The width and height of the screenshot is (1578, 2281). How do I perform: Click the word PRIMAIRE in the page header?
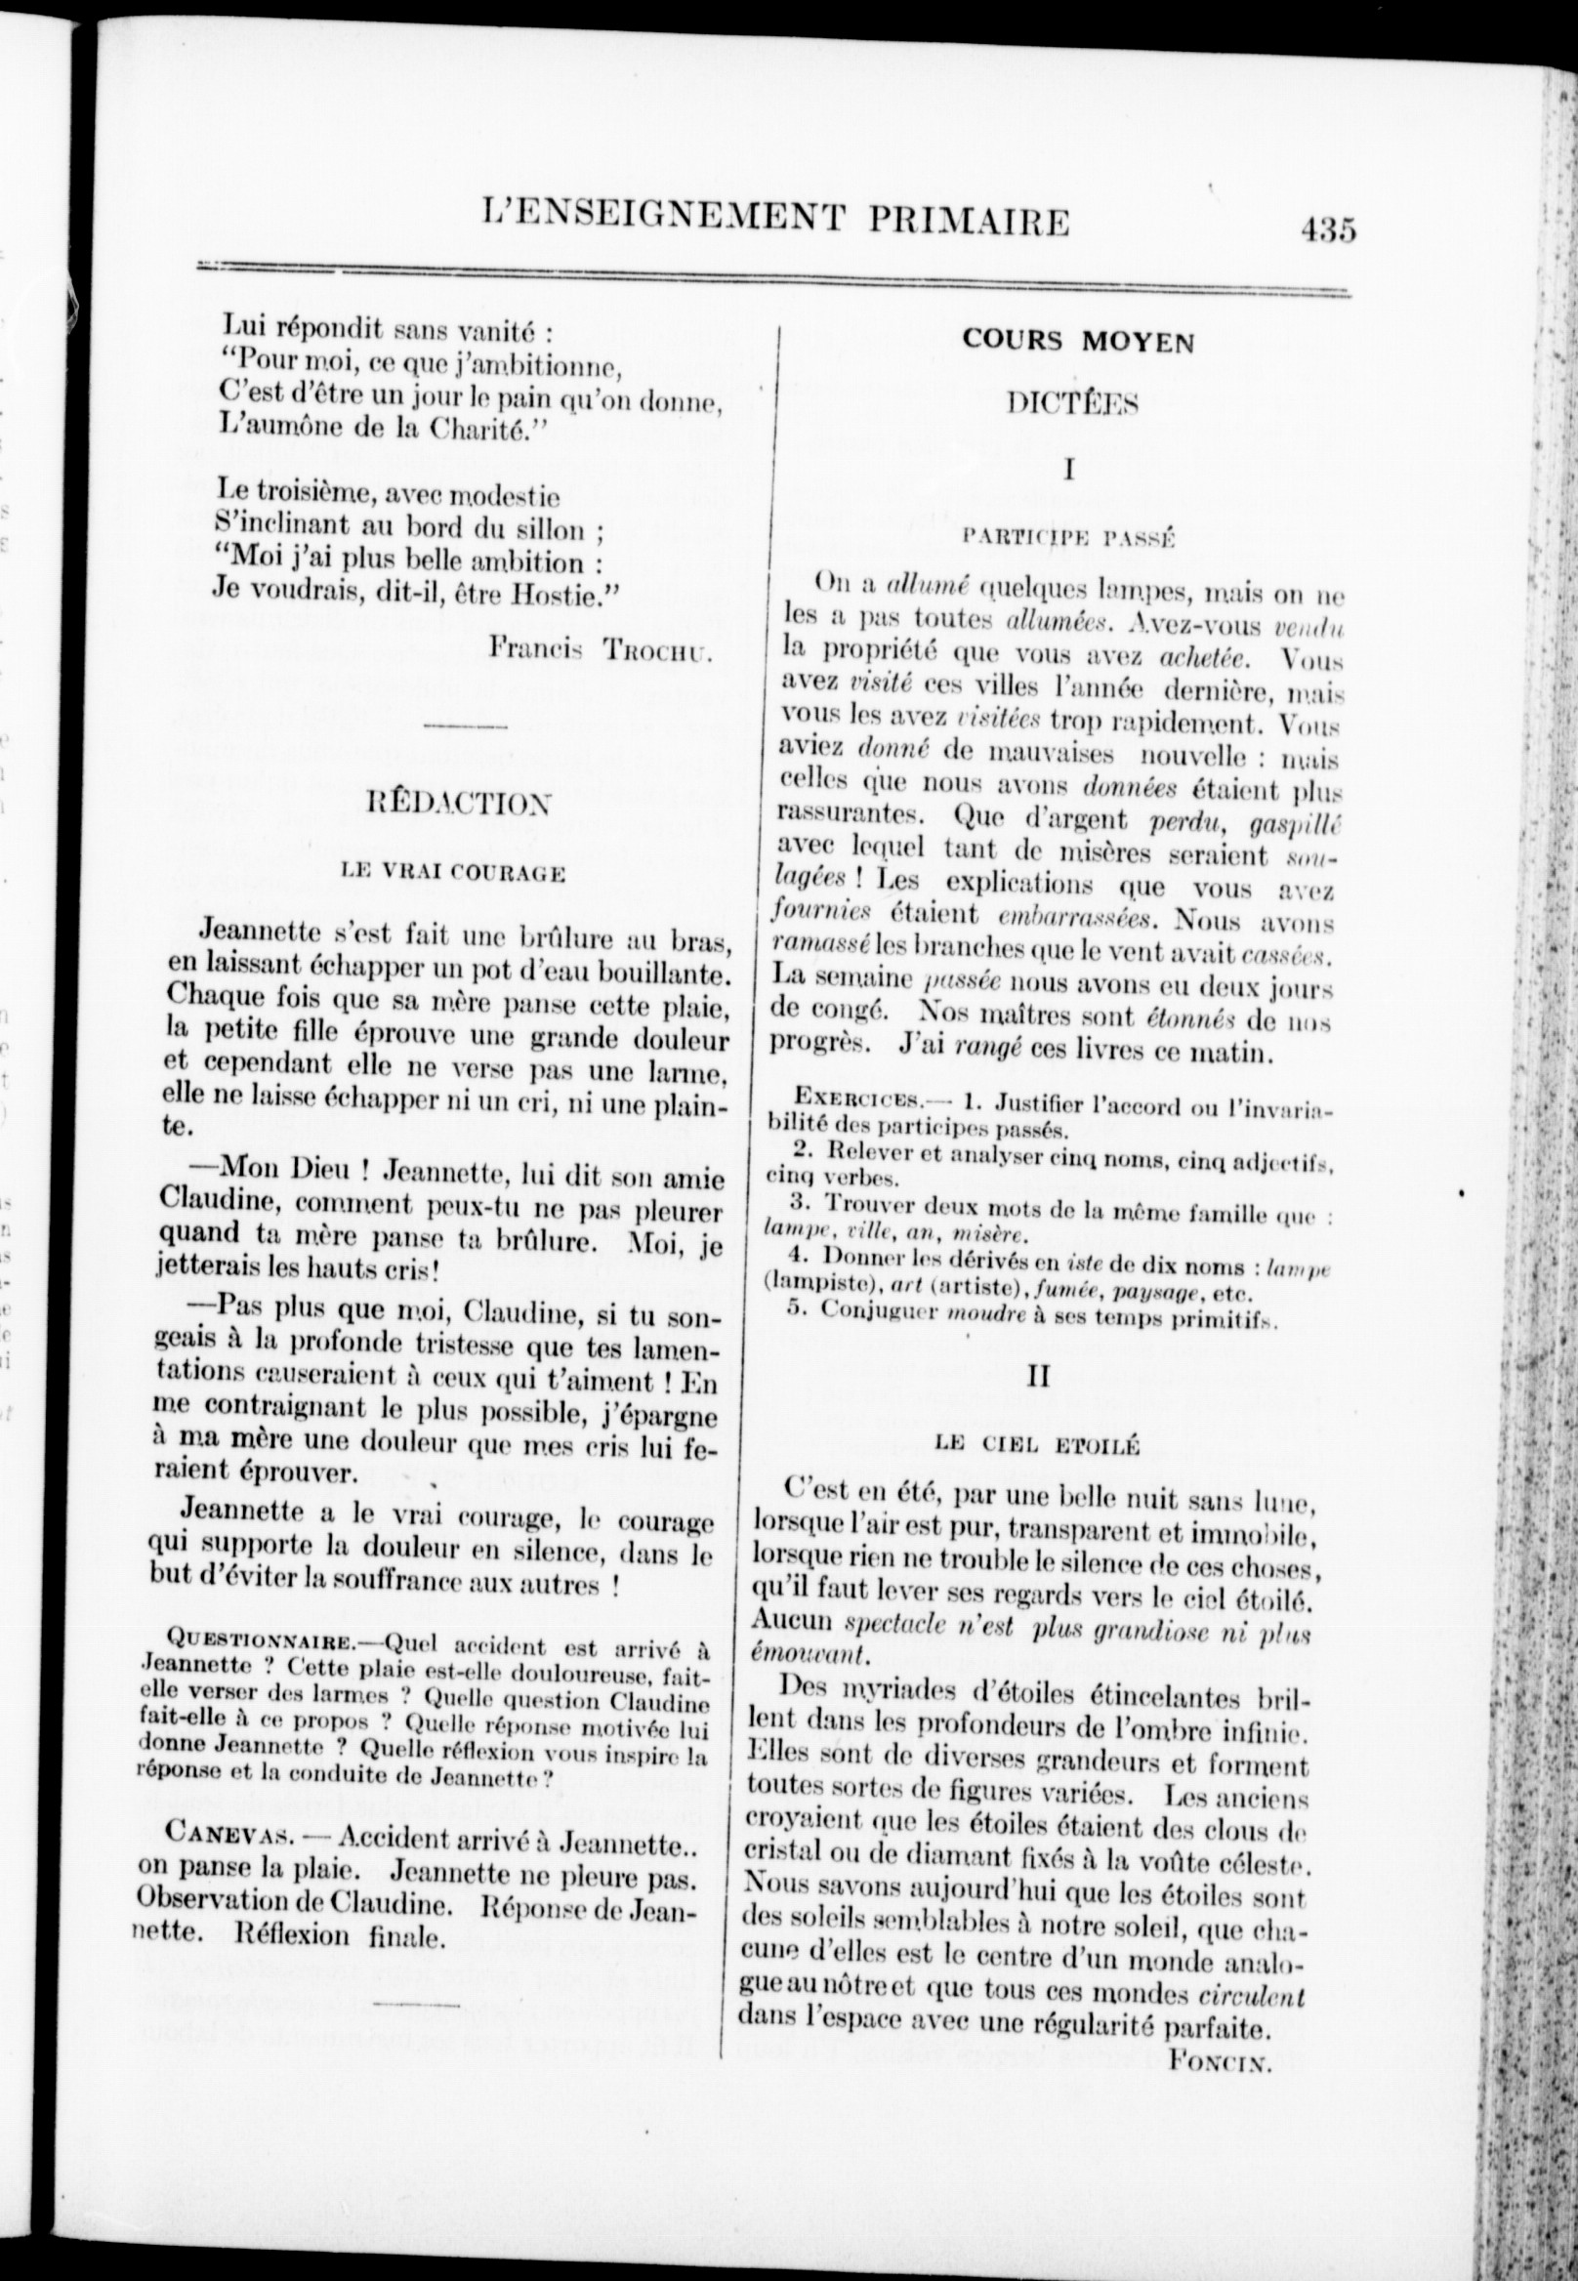[x=969, y=221]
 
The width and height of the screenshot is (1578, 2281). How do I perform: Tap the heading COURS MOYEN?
[x=1078, y=342]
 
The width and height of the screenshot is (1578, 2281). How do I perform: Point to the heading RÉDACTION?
[x=459, y=803]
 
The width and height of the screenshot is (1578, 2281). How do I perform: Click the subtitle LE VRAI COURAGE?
[x=452, y=872]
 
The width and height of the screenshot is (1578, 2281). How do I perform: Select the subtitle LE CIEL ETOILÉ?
[x=1037, y=1446]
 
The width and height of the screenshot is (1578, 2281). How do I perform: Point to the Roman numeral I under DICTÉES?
[x=1069, y=470]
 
